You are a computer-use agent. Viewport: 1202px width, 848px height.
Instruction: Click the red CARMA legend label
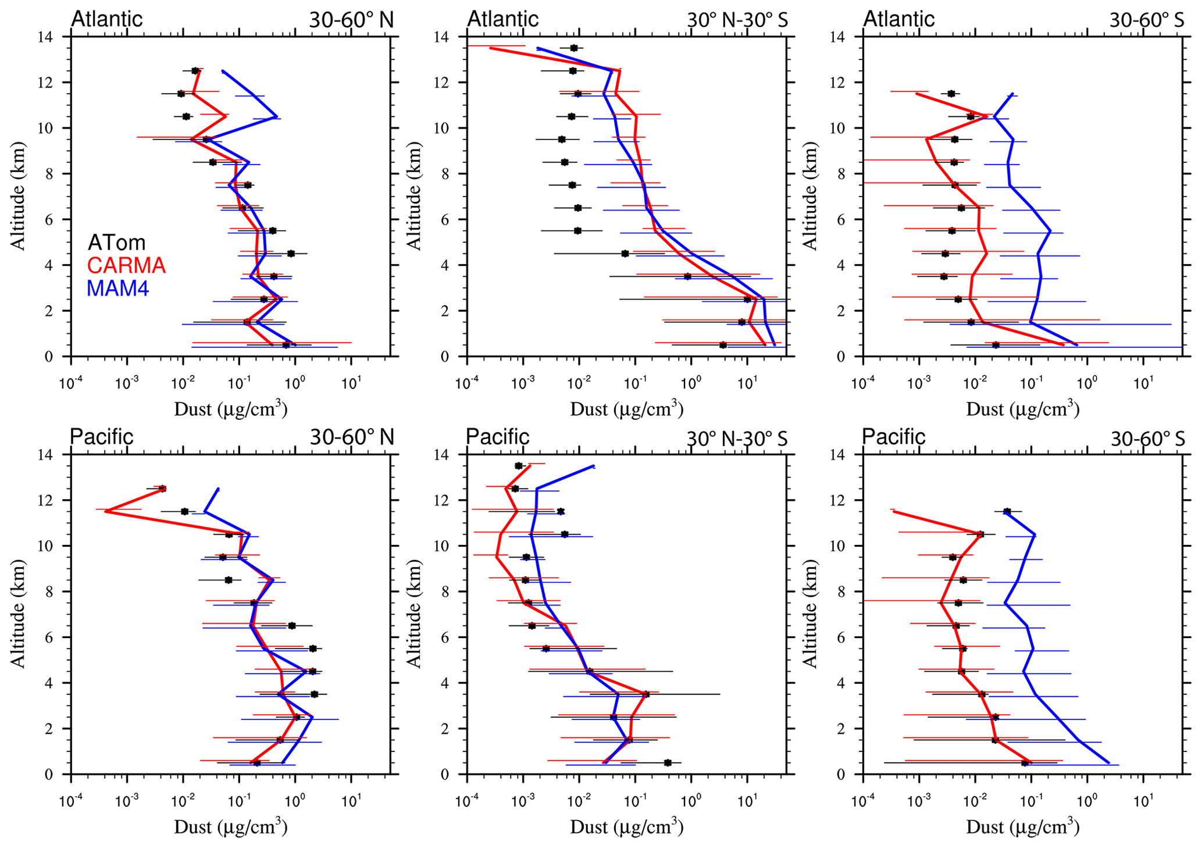(x=126, y=266)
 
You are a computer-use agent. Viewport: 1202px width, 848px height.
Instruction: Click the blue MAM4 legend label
(x=117, y=288)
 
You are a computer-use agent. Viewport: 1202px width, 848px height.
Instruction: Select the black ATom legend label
(x=116, y=243)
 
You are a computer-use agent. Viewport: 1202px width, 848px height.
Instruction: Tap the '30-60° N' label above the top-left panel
(x=351, y=20)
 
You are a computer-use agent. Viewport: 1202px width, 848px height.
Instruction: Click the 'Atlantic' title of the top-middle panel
(x=503, y=19)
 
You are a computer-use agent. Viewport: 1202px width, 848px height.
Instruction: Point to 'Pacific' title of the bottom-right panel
(x=893, y=436)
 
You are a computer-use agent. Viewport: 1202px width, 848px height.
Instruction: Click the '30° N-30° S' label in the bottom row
(x=737, y=438)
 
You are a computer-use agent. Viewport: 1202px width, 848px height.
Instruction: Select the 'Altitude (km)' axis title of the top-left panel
(x=19, y=196)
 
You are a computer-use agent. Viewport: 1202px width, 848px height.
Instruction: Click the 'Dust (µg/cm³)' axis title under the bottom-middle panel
(x=626, y=826)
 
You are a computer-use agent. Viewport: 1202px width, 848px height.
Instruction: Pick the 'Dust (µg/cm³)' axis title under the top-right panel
(x=1022, y=409)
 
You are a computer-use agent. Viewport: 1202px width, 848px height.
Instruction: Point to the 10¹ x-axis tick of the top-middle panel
(x=747, y=367)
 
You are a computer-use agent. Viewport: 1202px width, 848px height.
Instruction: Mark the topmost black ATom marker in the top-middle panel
(x=574, y=48)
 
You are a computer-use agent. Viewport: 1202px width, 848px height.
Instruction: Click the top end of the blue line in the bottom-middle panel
(x=593, y=465)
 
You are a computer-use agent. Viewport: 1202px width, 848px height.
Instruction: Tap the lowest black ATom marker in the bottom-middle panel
(x=668, y=763)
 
